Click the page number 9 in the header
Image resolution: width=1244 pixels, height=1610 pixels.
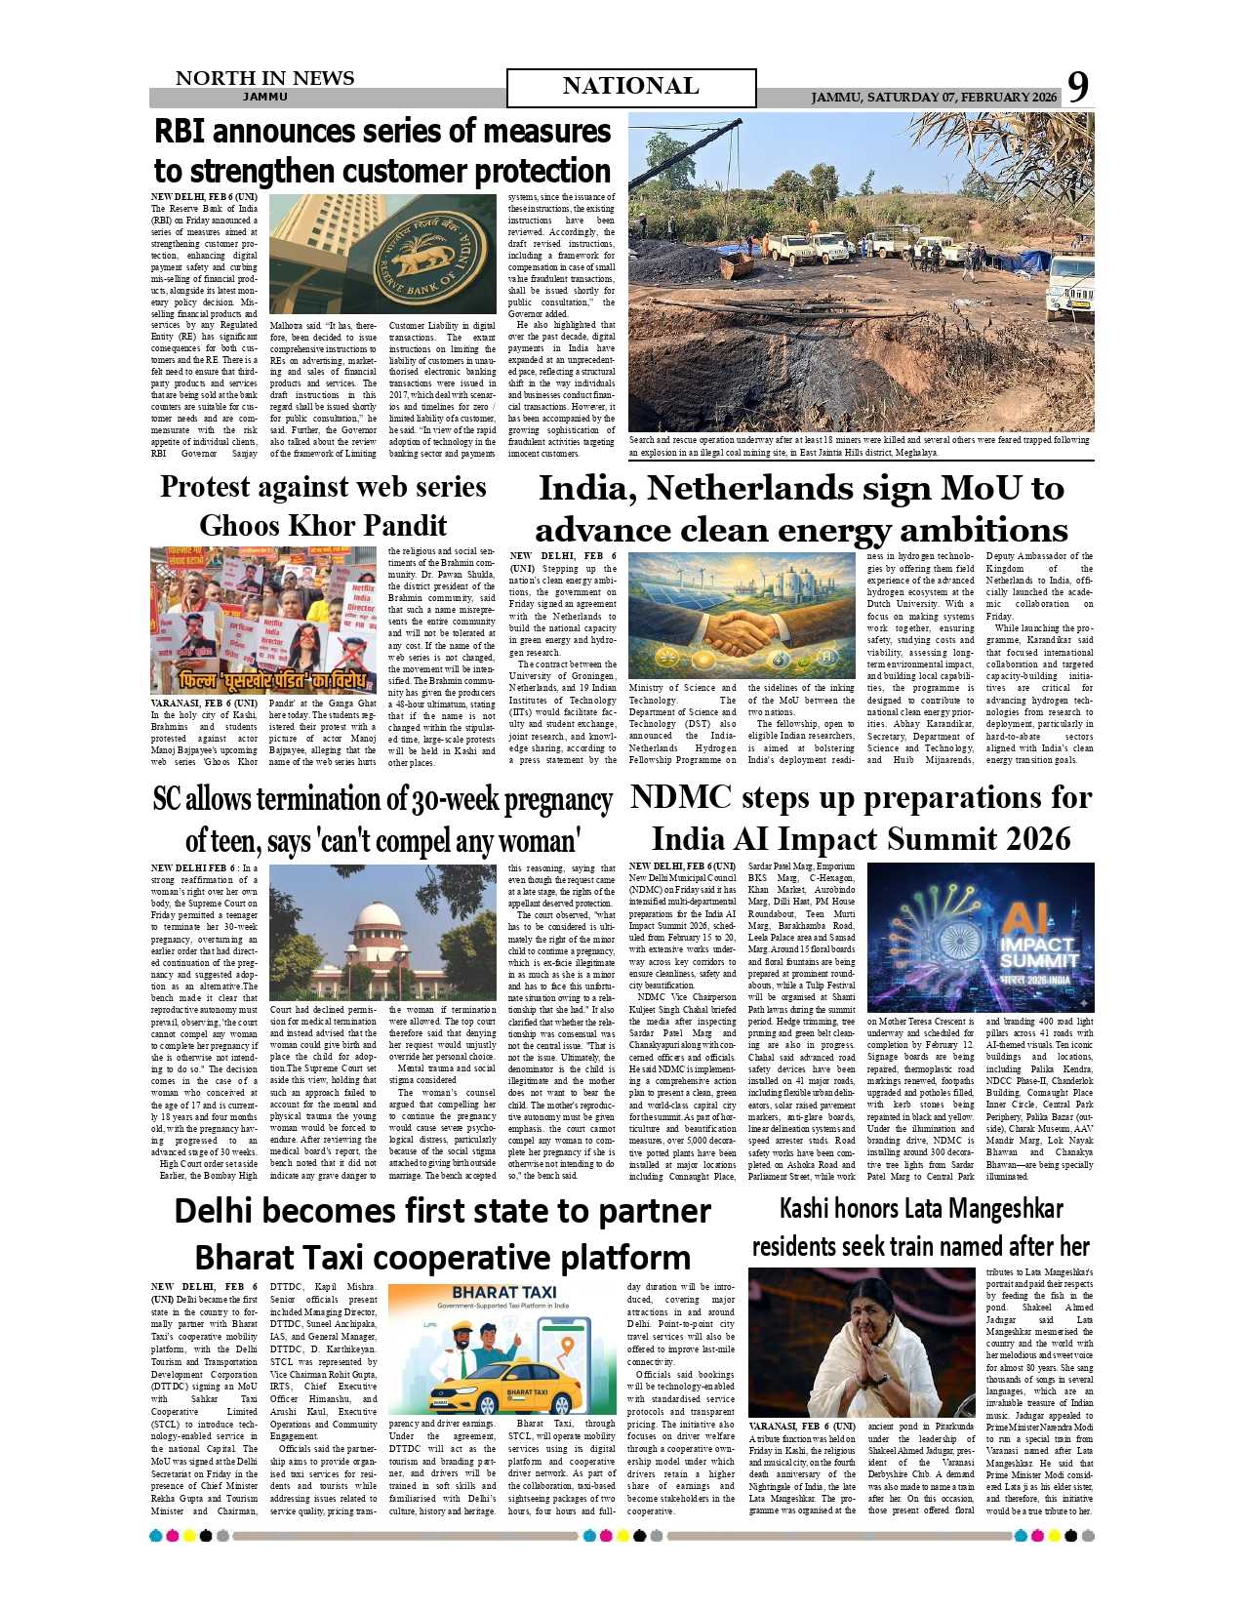pos(1077,87)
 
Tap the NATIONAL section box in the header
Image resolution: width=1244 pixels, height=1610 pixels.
pos(630,87)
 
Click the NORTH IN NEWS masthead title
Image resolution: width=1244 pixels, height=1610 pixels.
pos(264,78)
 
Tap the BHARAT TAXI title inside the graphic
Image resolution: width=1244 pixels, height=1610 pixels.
pos(503,1292)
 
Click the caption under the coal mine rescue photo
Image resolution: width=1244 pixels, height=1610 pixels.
pos(859,446)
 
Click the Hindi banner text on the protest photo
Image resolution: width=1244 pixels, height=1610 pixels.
pos(273,679)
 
